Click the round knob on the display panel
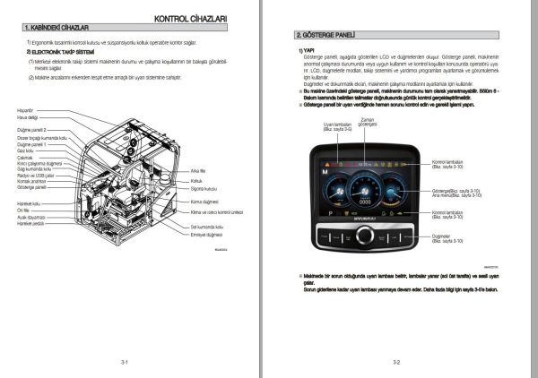click(x=365, y=236)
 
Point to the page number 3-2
click(x=395, y=362)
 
